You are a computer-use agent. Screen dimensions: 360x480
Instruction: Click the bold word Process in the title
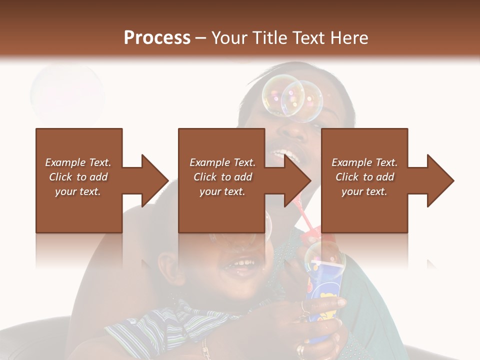pos(157,38)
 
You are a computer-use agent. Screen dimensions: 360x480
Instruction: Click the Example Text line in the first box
pos(78,162)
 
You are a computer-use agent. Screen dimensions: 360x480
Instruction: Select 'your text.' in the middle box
pos(222,191)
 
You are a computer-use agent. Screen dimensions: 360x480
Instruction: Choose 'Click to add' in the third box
pos(364,177)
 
